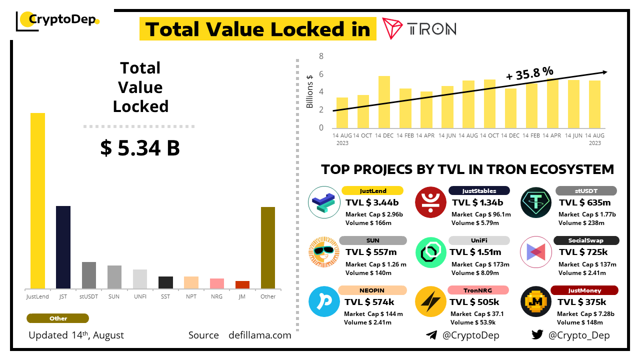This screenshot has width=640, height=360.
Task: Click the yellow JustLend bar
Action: [37, 200]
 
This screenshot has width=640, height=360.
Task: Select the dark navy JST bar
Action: [63, 247]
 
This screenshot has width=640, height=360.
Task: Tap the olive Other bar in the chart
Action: [268, 247]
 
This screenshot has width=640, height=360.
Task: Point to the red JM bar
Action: [242, 284]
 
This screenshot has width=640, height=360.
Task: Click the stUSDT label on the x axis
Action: [89, 296]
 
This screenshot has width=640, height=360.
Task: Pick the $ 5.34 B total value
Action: [140, 148]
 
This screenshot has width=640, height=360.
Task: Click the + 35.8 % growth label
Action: [529, 73]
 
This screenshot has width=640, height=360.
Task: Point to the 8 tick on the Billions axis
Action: [321, 56]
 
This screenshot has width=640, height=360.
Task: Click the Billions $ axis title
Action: [310, 91]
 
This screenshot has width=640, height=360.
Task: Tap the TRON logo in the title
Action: [419, 28]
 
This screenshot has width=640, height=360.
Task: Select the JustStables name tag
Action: [479, 190]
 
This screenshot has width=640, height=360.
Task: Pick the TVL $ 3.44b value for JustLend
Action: [372, 202]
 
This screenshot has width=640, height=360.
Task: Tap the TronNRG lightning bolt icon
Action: [430, 301]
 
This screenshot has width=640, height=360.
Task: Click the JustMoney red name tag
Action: [584, 290]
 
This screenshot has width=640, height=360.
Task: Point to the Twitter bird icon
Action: [537, 335]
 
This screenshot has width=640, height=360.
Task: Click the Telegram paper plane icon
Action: [431, 335]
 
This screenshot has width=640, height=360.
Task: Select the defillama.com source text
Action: [259, 335]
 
